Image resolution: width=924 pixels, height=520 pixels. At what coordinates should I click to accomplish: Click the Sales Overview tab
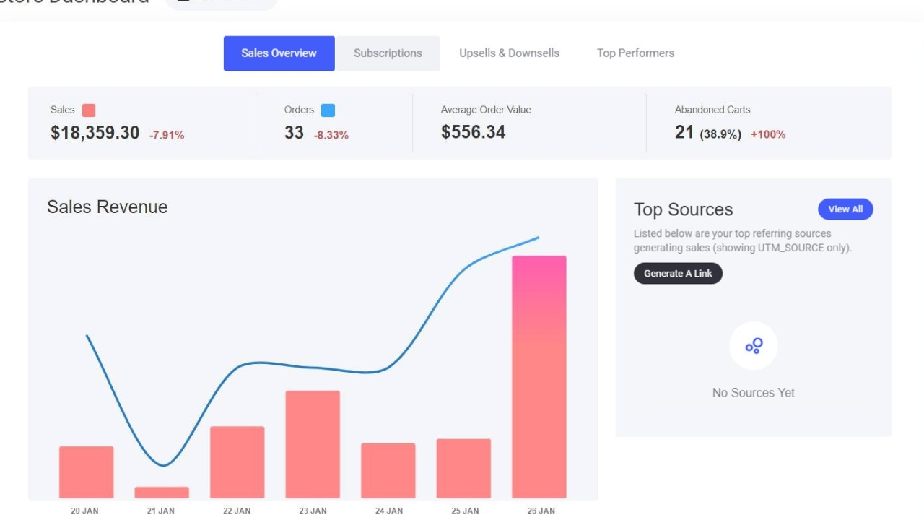coord(279,53)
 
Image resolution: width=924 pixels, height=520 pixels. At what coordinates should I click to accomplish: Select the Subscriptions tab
coord(388,53)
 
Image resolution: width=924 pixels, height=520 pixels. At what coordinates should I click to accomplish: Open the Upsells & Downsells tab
coord(509,53)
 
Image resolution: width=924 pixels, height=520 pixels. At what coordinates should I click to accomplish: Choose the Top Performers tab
coord(635,53)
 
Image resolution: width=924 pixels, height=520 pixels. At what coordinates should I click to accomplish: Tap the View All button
coord(845,209)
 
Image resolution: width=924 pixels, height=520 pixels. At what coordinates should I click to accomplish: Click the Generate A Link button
coord(678,274)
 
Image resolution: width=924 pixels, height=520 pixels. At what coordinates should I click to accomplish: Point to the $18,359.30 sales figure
coord(95,133)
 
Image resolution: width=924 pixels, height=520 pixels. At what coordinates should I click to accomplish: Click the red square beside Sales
coord(89,110)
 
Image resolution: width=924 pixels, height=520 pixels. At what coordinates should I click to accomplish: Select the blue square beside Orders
coord(328,110)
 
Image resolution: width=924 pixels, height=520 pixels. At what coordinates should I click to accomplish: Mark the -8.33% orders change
coord(331,135)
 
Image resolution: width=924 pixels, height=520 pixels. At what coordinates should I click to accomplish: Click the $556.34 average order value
coord(473,133)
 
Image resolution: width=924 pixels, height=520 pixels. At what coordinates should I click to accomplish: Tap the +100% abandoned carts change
coord(768,135)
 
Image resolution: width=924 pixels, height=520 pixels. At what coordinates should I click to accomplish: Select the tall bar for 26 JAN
coord(539,376)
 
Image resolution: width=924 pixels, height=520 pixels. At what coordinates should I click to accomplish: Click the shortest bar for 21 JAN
coord(162,493)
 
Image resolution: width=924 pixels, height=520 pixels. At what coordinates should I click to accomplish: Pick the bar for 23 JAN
coord(313,444)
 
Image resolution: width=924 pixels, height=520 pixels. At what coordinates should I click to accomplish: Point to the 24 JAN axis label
coord(389,511)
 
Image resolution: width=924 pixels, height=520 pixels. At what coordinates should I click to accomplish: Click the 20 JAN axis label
coord(84,511)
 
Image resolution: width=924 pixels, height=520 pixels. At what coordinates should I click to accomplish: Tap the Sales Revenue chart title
coord(107,207)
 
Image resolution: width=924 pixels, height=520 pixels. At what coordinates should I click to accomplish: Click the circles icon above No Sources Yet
coord(754,346)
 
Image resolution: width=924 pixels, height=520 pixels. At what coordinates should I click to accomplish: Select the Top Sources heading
coord(683,210)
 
